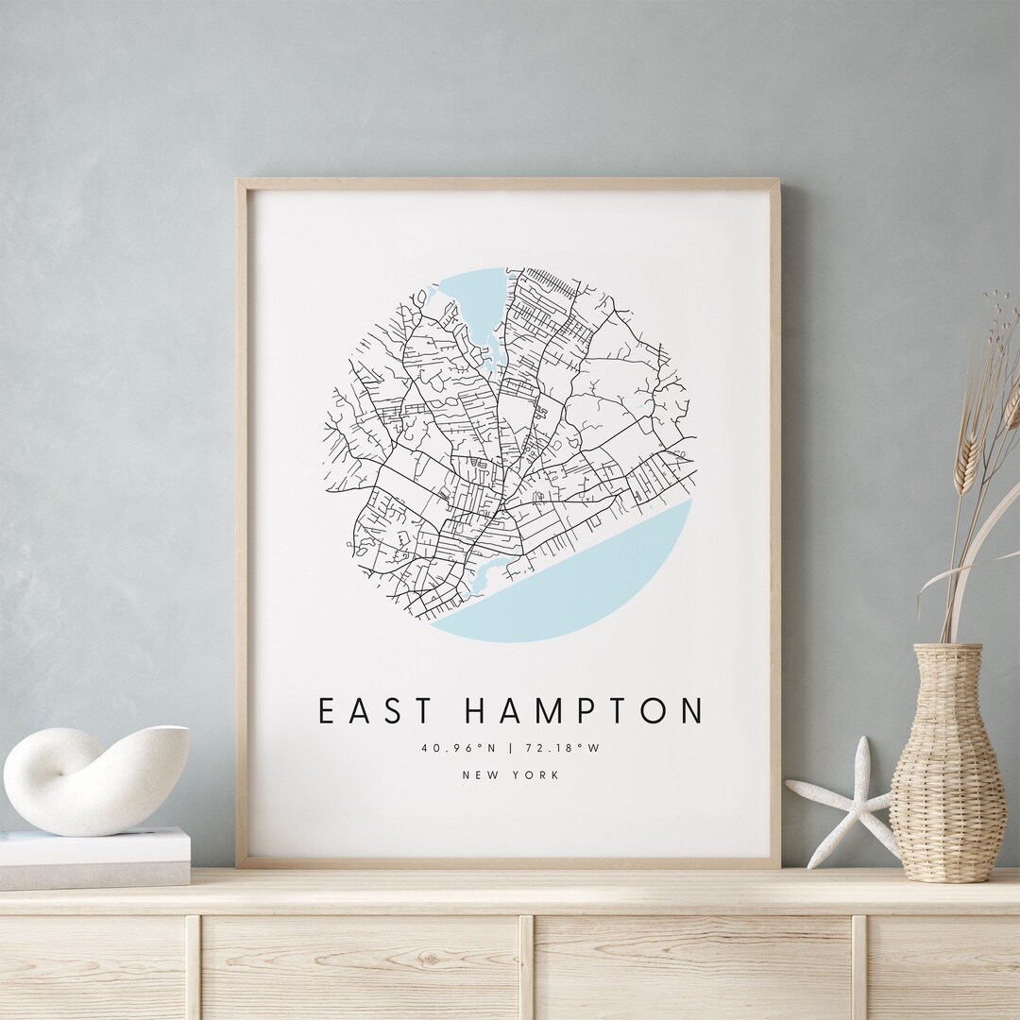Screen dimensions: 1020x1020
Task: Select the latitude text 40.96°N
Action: click(x=458, y=748)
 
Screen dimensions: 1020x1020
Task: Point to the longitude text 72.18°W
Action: click(x=563, y=748)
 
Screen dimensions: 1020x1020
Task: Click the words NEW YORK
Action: click(x=510, y=775)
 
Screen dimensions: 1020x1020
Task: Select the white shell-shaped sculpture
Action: click(x=94, y=779)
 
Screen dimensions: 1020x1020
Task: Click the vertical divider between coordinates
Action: click(x=510, y=748)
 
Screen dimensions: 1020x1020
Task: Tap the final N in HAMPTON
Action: click(x=691, y=711)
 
